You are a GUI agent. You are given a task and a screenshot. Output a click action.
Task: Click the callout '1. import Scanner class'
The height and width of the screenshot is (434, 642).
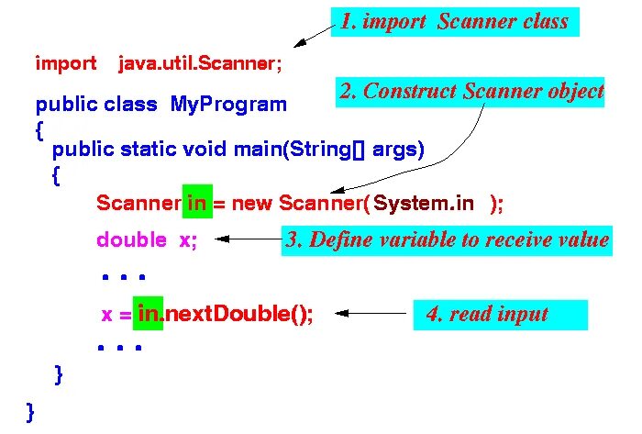tap(454, 21)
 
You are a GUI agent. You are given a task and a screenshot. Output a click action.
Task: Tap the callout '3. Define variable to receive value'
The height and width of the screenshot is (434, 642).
tap(447, 240)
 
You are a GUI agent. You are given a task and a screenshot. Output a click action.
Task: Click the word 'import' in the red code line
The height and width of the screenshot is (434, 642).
tap(65, 63)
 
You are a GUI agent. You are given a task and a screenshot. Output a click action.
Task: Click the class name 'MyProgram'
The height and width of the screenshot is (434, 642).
tap(228, 105)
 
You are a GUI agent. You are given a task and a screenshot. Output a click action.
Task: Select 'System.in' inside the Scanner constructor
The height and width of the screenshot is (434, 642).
tap(424, 204)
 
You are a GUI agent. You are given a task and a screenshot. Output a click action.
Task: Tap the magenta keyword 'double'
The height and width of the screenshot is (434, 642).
tap(131, 240)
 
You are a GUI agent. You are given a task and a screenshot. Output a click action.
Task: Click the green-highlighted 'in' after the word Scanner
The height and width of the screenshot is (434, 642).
tap(197, 204)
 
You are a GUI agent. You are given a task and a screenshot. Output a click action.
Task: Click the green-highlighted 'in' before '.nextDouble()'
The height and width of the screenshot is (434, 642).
tap(148, 315)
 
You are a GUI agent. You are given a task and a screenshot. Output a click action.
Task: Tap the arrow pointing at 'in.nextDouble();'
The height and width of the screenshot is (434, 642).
tap(371, 315)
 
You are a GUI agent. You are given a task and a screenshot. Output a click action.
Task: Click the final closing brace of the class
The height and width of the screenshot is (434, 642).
tap(31, 411)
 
